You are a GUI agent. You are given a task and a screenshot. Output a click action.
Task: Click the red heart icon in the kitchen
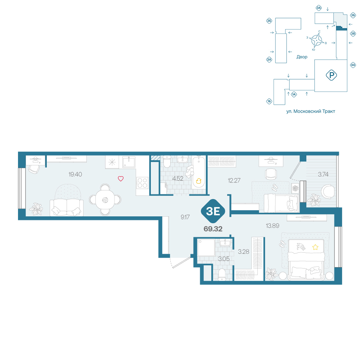pos(121,179)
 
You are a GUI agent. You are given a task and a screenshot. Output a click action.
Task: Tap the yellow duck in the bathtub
pos(199,181)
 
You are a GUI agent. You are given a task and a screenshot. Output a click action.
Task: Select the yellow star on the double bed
pos(315,247)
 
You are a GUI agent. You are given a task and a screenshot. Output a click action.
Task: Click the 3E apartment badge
pos(213,211)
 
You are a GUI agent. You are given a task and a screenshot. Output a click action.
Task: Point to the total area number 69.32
pos(213,229)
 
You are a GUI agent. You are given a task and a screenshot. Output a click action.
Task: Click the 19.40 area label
pos(75,175)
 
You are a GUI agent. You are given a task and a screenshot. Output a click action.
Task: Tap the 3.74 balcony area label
pos(323,175)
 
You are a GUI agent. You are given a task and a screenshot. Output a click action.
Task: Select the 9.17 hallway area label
pos(185,217)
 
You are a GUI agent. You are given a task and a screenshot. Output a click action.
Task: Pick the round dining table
pos(105,200)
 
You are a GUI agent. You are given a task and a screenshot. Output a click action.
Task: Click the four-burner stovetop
pos(142,183)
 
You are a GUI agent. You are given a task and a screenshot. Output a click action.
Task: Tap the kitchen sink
pos(129,162)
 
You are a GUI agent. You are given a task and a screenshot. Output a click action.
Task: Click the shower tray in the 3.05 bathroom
pos(206,248)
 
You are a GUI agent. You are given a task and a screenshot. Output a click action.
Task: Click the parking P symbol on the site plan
pos(331,75)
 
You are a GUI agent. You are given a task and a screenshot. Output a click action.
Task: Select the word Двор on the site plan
pos(302,57)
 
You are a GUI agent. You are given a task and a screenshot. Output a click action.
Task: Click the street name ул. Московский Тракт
pos(311,111)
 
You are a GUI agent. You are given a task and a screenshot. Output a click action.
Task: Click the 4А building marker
pos(353,65)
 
